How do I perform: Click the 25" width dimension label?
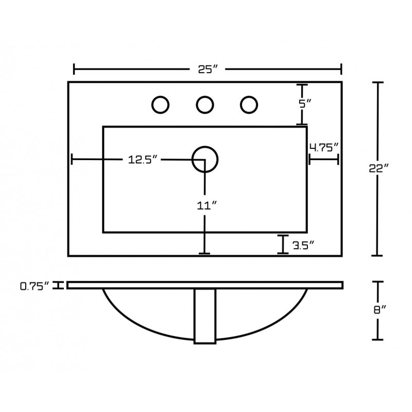[x=208, y=70]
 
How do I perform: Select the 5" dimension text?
[x=305, y=104]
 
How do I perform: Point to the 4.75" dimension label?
[x=324, y=147]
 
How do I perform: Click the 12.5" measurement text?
[x=143, y=160]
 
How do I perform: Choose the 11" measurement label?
[x=207, y=205]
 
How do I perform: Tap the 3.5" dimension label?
[x=303, y=246]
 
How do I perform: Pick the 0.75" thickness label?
[x=35, y=286]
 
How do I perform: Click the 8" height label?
[x=380, y=310]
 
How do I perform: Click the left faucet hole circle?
[x=152, y=105]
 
